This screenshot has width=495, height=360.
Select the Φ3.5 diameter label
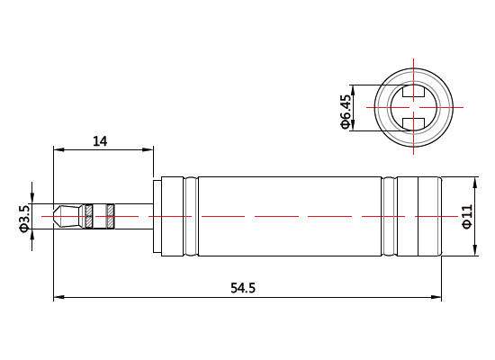tap(24, 218)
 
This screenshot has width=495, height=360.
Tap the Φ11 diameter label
tap(466, 216)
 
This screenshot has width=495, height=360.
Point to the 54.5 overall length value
tap(243, 288)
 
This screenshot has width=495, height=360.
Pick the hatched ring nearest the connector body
tap(111, 216)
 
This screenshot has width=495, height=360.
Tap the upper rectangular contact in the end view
tap(414, 92)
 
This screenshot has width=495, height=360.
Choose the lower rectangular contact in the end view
tap(414, 123)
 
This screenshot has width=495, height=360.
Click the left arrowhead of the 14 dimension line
tap(58, 148)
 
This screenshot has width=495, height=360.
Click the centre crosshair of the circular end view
tap(414, 108)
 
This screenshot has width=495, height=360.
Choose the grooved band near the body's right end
tap(389, 216)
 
